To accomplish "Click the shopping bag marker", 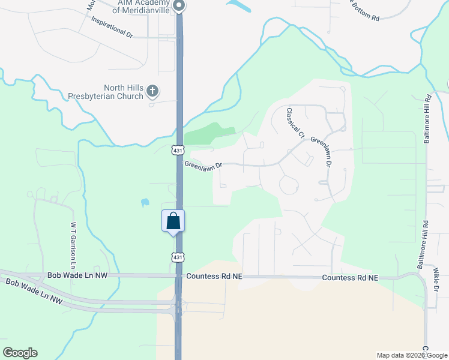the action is (173, 221).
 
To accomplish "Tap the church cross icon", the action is (152, 91).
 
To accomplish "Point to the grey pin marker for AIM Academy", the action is (179, 5).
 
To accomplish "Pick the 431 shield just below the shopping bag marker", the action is (177, 257).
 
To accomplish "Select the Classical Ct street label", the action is (295, 122).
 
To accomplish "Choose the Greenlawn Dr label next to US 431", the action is (203, 164).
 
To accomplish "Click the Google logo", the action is (20, 353).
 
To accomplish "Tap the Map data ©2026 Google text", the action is (411, 355).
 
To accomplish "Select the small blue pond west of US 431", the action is (145, 203).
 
